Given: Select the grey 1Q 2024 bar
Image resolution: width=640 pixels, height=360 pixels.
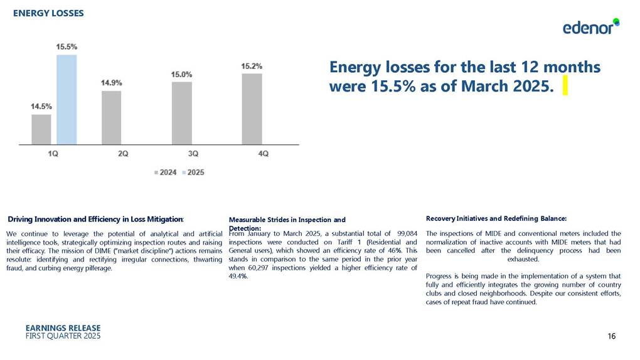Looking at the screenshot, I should click(41, 129).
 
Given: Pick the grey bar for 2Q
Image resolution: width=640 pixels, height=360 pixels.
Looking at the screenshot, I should click(111, 117).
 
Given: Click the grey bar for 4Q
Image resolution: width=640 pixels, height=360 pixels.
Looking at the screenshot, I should click(252, 109).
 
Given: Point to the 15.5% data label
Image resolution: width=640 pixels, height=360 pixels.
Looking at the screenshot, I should click(67, 46).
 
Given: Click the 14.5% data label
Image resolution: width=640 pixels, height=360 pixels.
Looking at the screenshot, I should click(41, 106).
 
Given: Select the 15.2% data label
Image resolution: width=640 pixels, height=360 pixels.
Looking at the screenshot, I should click(252, 65).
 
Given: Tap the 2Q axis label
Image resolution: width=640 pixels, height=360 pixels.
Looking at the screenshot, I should click(123, 154).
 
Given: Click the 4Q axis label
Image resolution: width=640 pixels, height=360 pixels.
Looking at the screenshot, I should click(264, 154).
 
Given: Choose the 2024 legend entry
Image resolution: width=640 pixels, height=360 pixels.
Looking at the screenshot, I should click(166, 172).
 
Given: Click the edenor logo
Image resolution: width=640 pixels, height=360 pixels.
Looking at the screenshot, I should click(590, 27).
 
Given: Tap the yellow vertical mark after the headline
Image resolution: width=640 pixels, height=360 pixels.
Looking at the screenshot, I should click(565, 85).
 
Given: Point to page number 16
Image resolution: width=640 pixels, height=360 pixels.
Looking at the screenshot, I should click(611, 337).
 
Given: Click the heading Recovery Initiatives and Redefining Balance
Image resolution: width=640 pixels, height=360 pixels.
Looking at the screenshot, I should click(496, 218).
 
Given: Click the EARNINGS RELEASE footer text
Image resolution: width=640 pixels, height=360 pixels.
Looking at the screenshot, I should click(63, 328).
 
